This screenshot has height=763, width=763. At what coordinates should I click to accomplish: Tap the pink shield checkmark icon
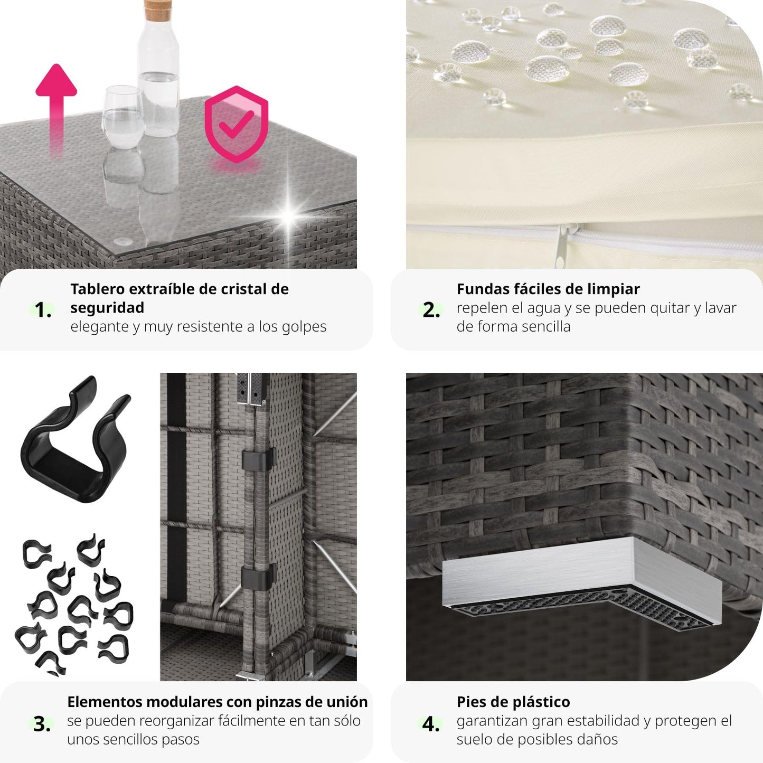(237, 124)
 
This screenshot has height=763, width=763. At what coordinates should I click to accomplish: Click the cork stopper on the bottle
(157, 10)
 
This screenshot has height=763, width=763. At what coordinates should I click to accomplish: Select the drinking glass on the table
(123, 117)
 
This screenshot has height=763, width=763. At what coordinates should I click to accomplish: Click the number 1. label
(43, 310)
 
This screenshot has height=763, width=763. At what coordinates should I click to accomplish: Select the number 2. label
(431, 310)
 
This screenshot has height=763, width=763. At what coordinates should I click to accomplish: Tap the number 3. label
(42, 724)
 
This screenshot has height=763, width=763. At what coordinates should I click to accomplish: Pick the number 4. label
(431, 724)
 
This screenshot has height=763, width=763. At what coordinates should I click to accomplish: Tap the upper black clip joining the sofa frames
(258, 459)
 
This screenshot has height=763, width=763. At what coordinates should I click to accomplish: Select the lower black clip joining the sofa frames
(258, 577)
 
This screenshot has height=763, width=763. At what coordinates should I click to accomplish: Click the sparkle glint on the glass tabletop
(289, 214)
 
